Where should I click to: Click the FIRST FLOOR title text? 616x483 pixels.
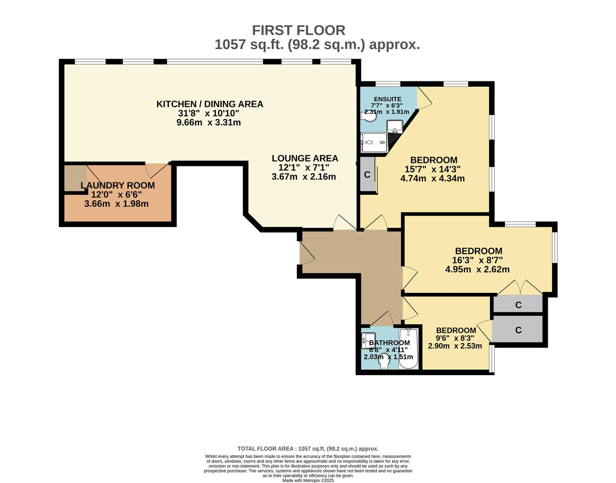click(298, 30)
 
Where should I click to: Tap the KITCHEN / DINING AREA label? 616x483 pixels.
click(210, 104)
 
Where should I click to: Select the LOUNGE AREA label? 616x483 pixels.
click(305, 158)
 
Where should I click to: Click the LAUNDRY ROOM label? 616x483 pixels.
click(117, 185)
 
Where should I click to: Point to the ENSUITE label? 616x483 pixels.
click(388, 99)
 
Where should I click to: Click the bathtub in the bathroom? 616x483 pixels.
click(408, 349)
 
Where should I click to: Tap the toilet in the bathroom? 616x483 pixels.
click(384, 361)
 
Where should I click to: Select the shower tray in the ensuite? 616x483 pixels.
click(374, 143)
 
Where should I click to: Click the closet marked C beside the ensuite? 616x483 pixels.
click(367, 174)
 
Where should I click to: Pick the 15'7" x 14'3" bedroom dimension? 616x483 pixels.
click(432, 169)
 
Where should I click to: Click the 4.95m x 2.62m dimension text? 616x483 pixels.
click(478, 269)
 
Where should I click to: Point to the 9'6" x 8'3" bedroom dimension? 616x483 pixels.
click(455, 338)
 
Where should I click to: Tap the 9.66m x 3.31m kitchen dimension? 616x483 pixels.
click(209, 123)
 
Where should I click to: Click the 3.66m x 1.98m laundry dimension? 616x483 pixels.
click(117, 204)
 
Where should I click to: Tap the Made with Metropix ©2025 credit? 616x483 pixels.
click(308, 480)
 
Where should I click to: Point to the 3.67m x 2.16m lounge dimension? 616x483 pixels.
click(304, 177)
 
